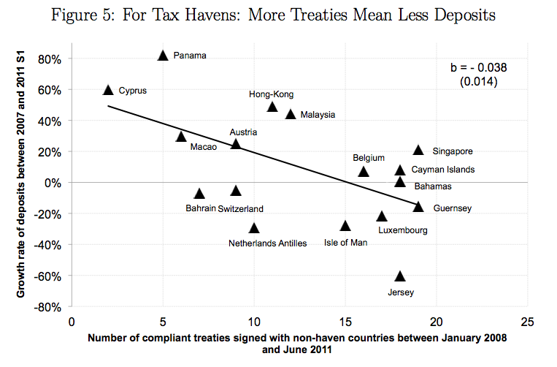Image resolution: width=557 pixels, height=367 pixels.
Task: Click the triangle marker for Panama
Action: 163,56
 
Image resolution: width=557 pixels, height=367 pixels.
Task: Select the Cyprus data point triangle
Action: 108,90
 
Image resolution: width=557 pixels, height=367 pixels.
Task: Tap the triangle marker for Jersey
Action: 400,276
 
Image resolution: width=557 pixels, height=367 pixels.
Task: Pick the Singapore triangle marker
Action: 418,150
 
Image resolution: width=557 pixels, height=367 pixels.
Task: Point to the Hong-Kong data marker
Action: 272,107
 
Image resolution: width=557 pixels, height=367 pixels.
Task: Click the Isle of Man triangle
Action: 345,226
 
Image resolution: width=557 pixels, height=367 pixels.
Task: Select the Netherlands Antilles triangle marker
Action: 254,228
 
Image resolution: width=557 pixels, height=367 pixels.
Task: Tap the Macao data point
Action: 181,137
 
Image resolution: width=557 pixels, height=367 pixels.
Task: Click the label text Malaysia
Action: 318,115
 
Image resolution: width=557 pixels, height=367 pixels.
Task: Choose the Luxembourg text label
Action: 403,230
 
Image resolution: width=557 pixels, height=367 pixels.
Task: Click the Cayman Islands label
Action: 443,170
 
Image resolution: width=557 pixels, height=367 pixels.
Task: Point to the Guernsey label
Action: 452,208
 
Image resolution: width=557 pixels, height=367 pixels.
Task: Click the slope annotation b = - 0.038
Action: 479,67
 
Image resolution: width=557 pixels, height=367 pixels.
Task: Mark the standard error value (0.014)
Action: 479,82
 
